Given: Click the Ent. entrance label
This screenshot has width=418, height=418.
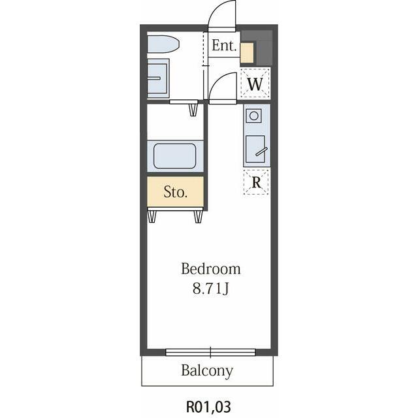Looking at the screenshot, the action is tap(224, 46).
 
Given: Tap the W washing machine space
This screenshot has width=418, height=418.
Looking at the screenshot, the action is tap(255, 83).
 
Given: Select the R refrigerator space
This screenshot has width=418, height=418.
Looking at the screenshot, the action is tap(256, 182).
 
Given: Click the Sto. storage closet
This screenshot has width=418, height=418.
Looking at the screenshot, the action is tap(176, 191).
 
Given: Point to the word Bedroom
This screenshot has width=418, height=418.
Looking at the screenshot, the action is tap(211, 268).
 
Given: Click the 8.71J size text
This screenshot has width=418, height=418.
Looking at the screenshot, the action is tap(210, 289).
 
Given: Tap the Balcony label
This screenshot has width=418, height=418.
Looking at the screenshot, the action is tap(207, 371).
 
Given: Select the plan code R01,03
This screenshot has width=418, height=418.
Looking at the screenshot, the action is tap(208, 406).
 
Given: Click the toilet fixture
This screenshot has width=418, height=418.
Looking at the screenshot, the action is tap(163, 44).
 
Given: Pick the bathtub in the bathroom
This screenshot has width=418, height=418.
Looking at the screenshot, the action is tap(175, 156).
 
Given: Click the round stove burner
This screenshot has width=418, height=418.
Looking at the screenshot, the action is tap(254, 116).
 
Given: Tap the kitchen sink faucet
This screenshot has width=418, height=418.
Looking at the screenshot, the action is tap(261, 152).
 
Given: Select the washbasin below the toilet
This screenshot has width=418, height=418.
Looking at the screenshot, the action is tap(158, 78).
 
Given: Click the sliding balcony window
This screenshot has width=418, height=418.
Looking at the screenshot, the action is tap(210, 352).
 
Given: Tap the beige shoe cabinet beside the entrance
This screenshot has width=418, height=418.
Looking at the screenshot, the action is tap(247, 53).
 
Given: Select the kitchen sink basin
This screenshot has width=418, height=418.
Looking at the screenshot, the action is tap(255, 149).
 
